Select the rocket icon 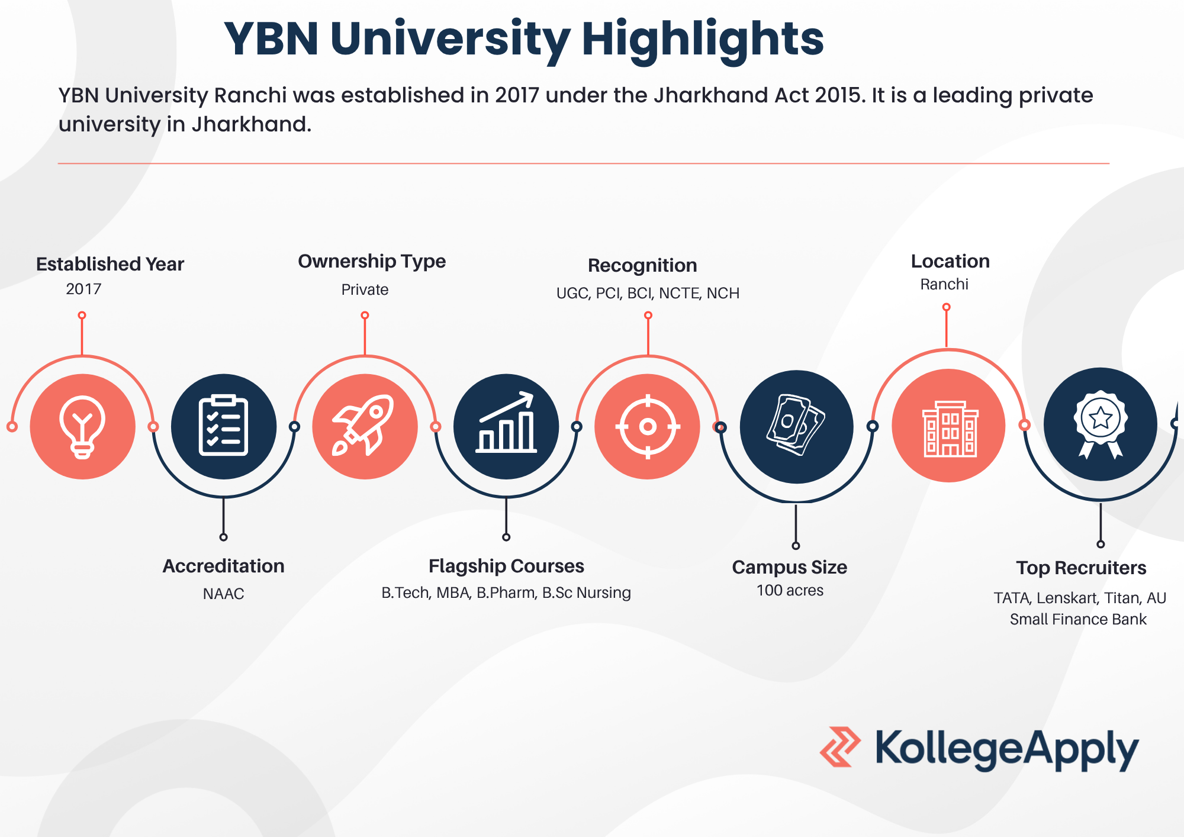click(x=364, y=425)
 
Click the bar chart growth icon click(x=506, y=423)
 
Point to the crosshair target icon click(x=648, y=426)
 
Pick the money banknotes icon click(x=796, y=424)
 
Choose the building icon click(x=950, y=429)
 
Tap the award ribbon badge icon click(x=1101, y=424)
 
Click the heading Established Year click(x=110, y=264)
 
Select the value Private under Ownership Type click(x=365, y=289)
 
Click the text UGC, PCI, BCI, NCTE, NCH click(x=648, y=293)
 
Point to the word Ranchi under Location click(x=944, y=284)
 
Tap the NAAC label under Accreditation click(x=223, y=594)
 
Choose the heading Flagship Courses click(x=506, y=566)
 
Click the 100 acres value click(x=790, y=590)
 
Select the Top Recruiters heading click(x=1081, y=568)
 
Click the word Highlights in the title click(x=703, y=40)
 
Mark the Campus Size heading click(x=789, y=567)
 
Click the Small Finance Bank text click(x=1078, y=619)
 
